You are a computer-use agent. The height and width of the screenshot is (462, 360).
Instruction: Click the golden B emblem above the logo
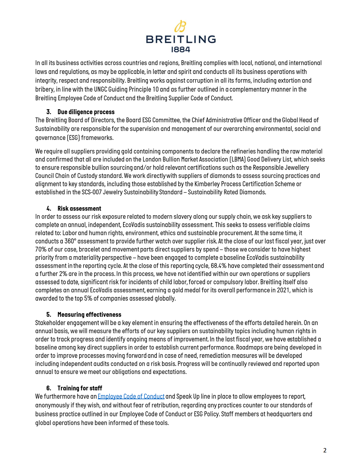point(180,27)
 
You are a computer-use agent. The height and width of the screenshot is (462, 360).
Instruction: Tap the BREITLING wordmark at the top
point(181,39)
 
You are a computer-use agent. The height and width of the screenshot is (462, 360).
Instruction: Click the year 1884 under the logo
point(181,49)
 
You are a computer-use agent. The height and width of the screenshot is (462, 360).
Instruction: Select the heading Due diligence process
point(86,112)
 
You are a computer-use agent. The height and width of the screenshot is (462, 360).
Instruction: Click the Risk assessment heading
point(79,208)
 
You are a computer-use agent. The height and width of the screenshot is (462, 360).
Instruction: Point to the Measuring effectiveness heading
point(89,314)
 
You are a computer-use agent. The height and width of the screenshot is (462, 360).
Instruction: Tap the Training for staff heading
point(79,388)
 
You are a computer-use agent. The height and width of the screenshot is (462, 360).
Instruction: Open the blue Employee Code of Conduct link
point(131,396)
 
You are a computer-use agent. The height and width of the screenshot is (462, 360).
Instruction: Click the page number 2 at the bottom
point(325,450)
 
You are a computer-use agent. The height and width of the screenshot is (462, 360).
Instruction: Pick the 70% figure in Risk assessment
point(41,249)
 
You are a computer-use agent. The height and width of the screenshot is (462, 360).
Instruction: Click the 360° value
point(70,241)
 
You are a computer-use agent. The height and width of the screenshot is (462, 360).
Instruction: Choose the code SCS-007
point(91,192)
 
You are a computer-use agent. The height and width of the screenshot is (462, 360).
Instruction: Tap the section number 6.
point(49,388)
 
